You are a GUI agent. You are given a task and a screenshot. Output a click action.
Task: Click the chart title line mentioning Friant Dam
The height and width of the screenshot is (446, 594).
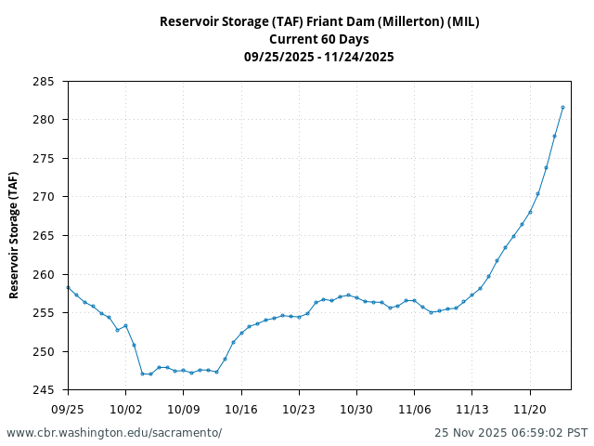click(x=319, y=21)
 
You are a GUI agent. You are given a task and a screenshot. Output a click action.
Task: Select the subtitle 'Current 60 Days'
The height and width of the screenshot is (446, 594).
click(x=319, y=39)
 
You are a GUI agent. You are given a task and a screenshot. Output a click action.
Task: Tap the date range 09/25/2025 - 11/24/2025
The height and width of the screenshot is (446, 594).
click(x=319, y=57)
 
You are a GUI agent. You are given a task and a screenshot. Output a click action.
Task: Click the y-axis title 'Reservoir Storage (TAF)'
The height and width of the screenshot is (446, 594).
click(x=14, y=235)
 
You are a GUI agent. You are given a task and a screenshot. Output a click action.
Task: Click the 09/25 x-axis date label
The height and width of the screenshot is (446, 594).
click(x=68, y=409)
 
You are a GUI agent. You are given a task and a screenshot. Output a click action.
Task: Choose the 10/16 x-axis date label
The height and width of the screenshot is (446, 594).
click(x=241, y=409)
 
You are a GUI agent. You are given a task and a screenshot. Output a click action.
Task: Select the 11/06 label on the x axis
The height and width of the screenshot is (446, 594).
click(x=414, y=409)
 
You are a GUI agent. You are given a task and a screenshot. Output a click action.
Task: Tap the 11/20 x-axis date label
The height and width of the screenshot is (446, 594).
click(x=530, y=409)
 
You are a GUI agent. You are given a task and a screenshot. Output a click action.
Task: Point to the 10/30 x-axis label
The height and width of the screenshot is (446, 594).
click(x=356, y=409)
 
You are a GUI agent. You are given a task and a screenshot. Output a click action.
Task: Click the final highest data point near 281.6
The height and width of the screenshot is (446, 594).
click(x=562, y=107)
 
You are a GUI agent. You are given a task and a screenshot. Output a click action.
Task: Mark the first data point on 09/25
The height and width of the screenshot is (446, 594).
click(x=68, y=287)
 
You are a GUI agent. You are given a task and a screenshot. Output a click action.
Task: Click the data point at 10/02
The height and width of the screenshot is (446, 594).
click(x=125, y=325)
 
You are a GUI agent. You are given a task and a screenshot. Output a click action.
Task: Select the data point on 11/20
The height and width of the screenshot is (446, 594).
click(x=530, y=212)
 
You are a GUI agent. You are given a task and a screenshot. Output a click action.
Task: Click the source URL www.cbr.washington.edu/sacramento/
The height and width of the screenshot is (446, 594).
click(x=114, y=433)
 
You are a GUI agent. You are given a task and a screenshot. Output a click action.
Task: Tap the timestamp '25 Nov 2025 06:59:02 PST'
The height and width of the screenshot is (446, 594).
click(x=510, y=433)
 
